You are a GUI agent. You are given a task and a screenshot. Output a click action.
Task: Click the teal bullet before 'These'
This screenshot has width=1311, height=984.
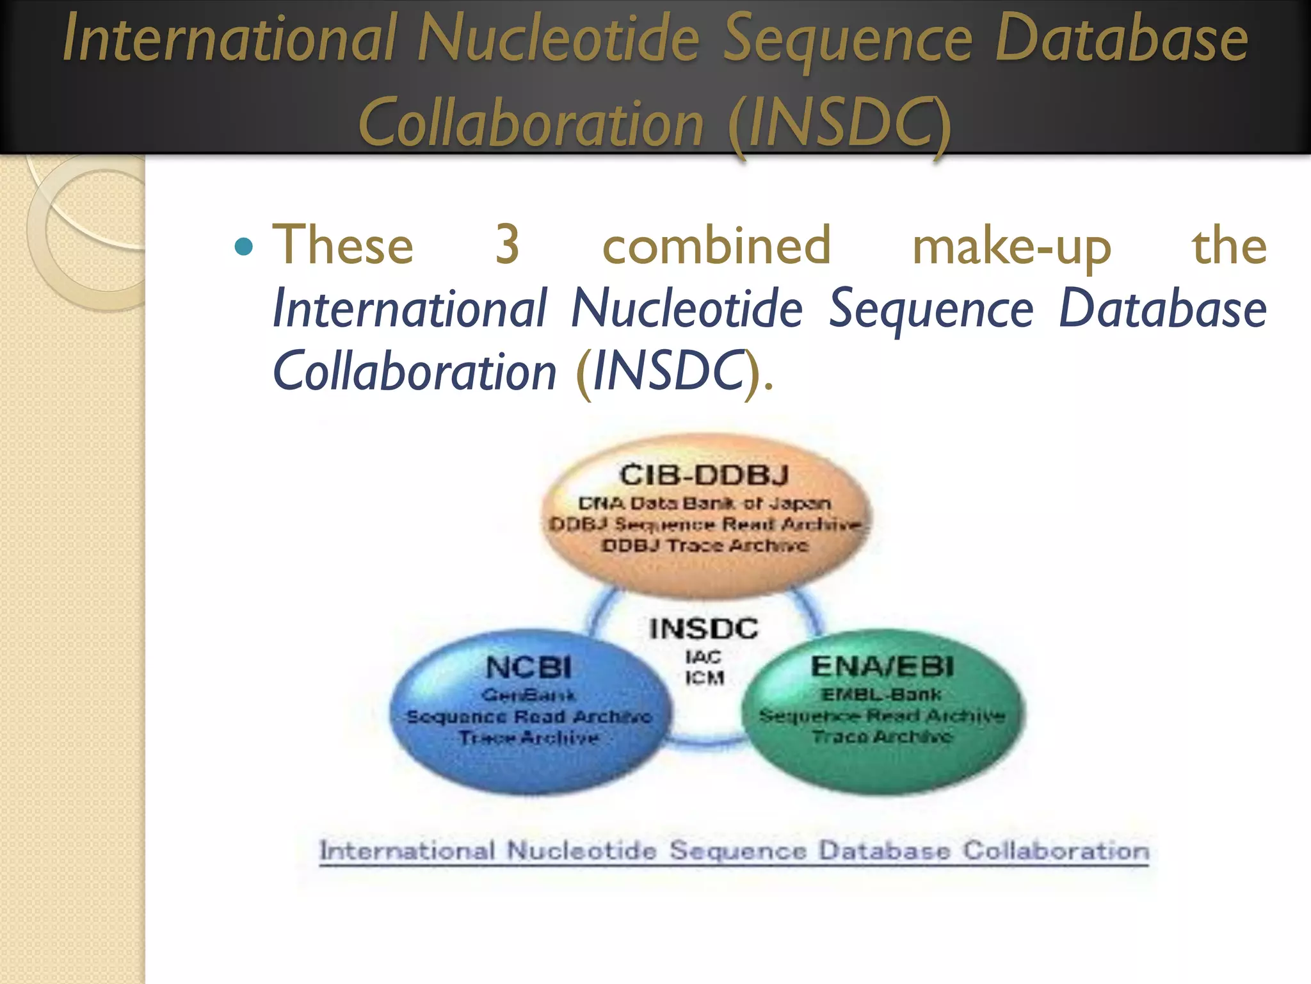pos(244,247)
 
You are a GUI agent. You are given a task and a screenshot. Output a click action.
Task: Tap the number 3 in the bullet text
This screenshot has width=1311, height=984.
pos(507,245)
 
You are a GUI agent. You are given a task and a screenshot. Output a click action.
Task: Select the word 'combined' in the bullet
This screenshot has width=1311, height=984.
pos(716,245)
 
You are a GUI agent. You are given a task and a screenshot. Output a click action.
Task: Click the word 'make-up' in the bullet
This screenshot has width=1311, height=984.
pos(1011,247)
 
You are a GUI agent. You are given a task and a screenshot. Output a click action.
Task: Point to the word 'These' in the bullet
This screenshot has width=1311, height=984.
pos(343,245)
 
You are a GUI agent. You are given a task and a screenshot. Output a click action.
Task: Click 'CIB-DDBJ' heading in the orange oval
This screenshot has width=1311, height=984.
pos(704,475)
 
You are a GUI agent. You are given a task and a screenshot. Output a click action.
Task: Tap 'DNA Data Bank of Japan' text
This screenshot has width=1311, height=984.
pos(704,504)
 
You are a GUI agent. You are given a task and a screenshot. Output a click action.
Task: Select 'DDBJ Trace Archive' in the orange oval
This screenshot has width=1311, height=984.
pos(704,546)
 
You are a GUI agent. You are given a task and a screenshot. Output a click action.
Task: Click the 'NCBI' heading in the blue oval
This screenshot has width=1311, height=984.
pos(529,668)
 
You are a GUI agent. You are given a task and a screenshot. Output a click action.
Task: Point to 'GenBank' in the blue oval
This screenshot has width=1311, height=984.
pos(529,695)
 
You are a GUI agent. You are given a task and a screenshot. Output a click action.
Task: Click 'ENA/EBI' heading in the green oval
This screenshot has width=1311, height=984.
pos(882,667)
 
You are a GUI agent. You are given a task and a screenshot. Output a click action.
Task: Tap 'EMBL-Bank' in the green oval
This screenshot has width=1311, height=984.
pos(881,694)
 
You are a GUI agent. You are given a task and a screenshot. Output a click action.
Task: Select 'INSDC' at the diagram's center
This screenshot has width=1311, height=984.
pos(704,628)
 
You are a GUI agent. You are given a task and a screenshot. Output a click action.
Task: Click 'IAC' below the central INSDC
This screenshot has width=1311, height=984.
pos(704,657)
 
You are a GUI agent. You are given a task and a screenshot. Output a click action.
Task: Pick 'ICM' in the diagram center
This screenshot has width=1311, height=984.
pos(704,678)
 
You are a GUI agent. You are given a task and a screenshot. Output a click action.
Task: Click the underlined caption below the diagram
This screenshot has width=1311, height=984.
pos(734,851)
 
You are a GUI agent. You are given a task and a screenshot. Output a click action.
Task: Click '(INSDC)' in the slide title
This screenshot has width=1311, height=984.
pos(839,123)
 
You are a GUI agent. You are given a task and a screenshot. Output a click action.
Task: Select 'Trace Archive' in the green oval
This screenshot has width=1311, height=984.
pos(882,737)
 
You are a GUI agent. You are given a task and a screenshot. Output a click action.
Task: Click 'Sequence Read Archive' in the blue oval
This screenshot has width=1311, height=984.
pos(529,716)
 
